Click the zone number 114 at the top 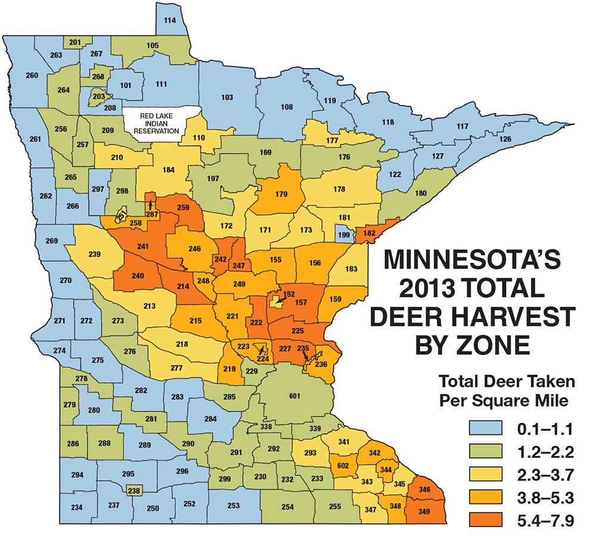click(170, 21)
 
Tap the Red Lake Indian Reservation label click(160, 123)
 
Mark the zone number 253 click(234, 506)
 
